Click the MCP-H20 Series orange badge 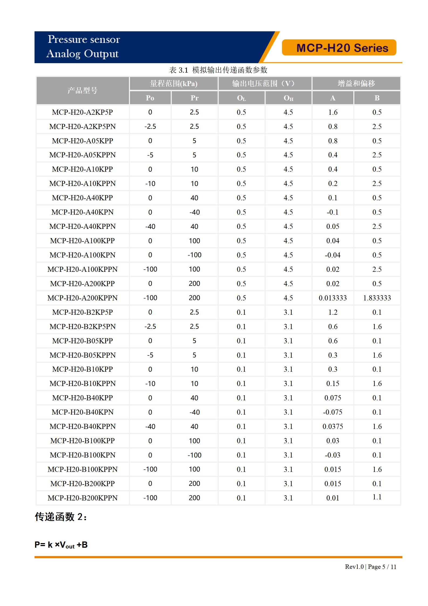point(339,48)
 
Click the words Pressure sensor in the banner point(84,39)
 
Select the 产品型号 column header point(83,90)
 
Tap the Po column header point(150,98)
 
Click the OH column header point(288,98)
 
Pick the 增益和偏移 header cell point(356,83)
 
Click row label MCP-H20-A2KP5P point(83,112)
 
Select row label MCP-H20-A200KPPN point(83,298)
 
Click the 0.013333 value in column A point(333,298)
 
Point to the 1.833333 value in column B point(377,298)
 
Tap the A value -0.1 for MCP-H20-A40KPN point(333,212)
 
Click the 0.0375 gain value point(333,426)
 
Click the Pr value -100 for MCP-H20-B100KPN point(194,455)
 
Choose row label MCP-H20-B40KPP point(83,398)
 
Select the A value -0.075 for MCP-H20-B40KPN point(333,412)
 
